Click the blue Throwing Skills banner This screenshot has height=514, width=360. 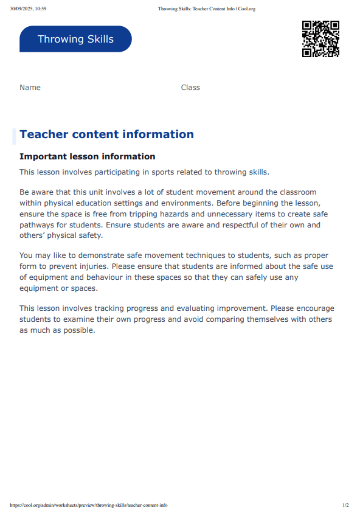tap(75, 39)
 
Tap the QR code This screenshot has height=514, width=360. tap(320, 39)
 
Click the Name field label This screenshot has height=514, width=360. tap(30, 88)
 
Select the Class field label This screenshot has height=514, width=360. tap(190, 88)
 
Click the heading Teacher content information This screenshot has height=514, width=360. tap(106, 134)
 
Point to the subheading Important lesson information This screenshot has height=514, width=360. tap(87, 157)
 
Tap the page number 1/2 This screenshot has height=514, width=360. tap(345, 505)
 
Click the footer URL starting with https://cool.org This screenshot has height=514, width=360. tap(89, 505)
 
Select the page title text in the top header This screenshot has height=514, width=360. tap(206, 9)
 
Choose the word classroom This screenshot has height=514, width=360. tap(295, 192)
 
